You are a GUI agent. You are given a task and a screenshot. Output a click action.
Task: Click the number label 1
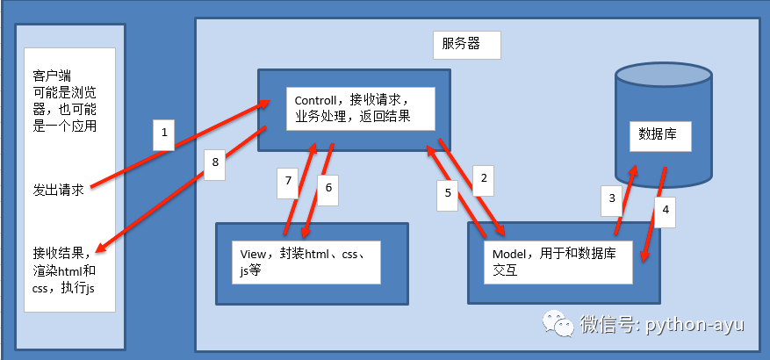point(162,134)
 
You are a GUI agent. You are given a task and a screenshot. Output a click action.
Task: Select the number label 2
point(482,180)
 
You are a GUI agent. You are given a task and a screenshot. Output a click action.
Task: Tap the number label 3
point(613,199)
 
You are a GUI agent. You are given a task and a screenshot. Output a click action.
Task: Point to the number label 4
point(666,210)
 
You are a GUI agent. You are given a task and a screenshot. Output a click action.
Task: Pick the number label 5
point(448,192)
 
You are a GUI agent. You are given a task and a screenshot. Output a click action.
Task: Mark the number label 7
point(287,183)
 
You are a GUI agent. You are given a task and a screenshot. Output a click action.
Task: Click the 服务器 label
point(460,44)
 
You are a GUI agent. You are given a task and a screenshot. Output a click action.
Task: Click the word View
point(252,254)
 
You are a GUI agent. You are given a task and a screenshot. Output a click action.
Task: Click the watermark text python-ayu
point(694,325)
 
